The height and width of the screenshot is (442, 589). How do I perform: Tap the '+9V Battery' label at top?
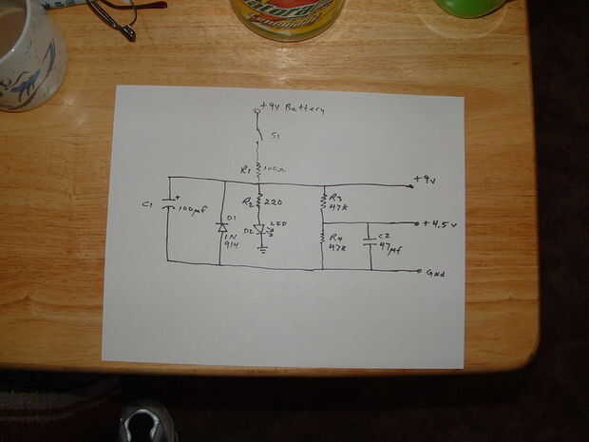(x=291, y=109)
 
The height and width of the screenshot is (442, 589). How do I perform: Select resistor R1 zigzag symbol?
(x=258, y=170)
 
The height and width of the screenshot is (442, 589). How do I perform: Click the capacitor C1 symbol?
(x=169, y=203)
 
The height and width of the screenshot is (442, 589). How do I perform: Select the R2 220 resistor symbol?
(x=258, y=201)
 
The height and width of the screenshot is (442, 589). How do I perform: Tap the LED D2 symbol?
(x=259, y=230)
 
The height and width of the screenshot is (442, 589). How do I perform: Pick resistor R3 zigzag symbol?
(x=324, y=200)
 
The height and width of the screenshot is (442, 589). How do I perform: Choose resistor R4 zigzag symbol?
(x=323, y=239)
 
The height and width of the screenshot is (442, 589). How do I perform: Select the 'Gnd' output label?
(x=435, y=273)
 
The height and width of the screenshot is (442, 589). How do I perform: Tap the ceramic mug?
(x=28, y=52)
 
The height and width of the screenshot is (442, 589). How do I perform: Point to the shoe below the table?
(x=147, y=422)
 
